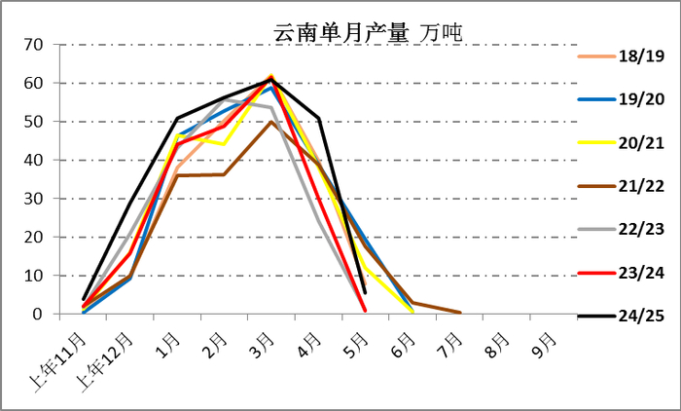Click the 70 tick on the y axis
(34, 45)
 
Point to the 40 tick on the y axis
(34, 160)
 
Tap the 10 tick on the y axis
(34, 276)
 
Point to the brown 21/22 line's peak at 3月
(270, 122)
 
